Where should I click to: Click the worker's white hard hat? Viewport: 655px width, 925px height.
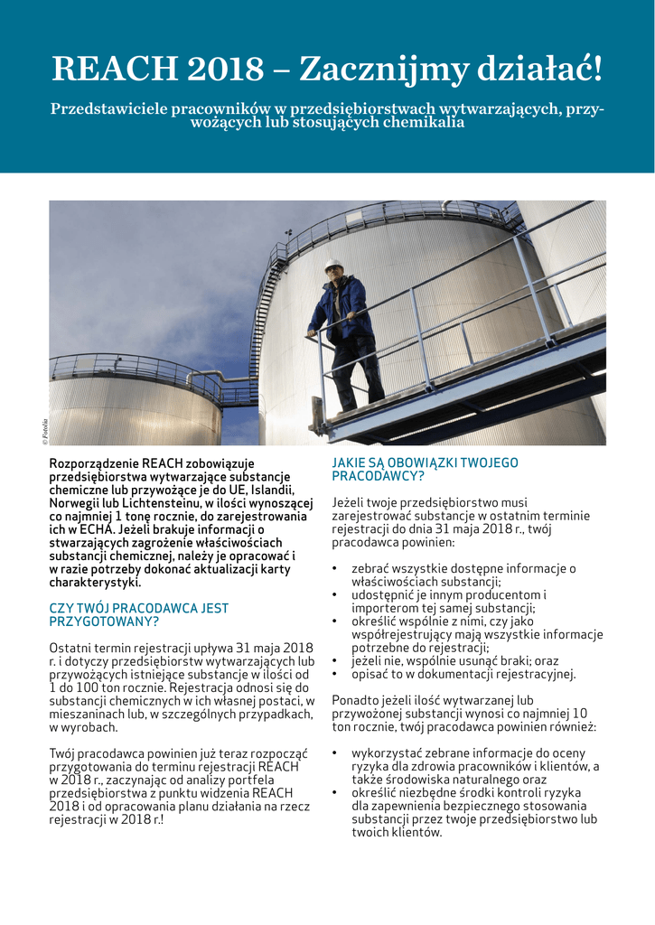(334, 266)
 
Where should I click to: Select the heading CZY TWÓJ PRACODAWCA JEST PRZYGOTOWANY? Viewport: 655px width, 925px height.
(138, 615)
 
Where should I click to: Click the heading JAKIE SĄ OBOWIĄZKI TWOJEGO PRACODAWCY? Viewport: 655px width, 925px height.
(425, 469)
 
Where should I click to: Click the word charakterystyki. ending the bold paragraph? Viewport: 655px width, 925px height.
(95, 583)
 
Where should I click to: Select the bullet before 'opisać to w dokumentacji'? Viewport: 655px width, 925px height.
(335, 675)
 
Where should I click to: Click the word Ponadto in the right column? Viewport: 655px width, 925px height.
(355, 700)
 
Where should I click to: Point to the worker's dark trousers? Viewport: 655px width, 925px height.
(358, 370)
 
